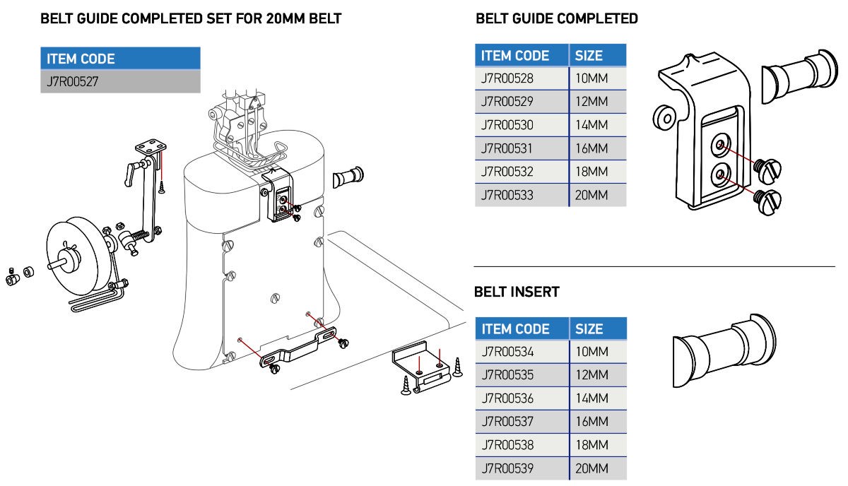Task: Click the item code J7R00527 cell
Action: (x=120, y=81)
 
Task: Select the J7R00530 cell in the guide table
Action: (x=522, y=125)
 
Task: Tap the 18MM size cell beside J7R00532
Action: (x=598, y=172)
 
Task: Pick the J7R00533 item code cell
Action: (x=522, y=195)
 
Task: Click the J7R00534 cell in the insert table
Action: (x=522, y=352)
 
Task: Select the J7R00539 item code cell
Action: (x=522, y=468)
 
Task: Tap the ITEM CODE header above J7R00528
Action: (x=522, y=56)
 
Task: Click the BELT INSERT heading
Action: (x=517, y=292)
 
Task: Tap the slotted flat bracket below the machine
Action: (x=298, y=348)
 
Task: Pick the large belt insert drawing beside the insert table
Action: (x=724, y=350)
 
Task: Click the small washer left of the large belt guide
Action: (x=665, y=118)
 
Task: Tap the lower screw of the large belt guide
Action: (x=767, y=202)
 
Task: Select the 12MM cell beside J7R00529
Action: (x=598, y=102)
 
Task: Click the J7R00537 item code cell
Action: (x=522, y=422)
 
